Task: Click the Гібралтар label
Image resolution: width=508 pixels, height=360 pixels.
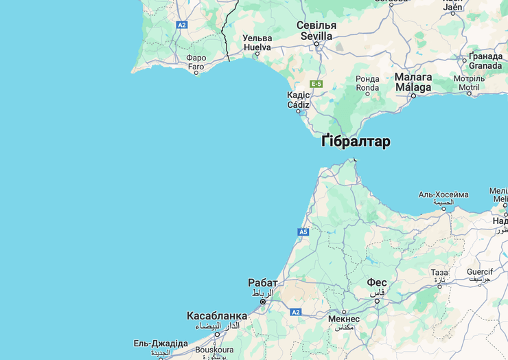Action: point(356,142)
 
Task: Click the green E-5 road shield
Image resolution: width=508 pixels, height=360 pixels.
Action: point(316,84)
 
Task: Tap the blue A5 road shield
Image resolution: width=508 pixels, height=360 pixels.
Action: point(303,232)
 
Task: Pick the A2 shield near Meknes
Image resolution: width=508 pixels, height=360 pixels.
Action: point(295,312)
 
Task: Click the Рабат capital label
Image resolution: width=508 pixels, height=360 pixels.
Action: point(263,283)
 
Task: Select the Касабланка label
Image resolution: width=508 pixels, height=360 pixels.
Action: point(216,316)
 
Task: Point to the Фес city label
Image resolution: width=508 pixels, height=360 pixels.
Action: point(376,283)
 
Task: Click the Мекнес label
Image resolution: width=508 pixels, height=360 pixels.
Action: point(344,319)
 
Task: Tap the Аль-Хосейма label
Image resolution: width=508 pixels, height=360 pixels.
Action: point(443,195)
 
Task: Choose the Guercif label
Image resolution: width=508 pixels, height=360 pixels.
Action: point(480,272)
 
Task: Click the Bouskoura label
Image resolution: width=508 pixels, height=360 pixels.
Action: point(214,349)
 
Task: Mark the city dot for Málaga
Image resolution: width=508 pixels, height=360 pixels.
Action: point(413,95)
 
